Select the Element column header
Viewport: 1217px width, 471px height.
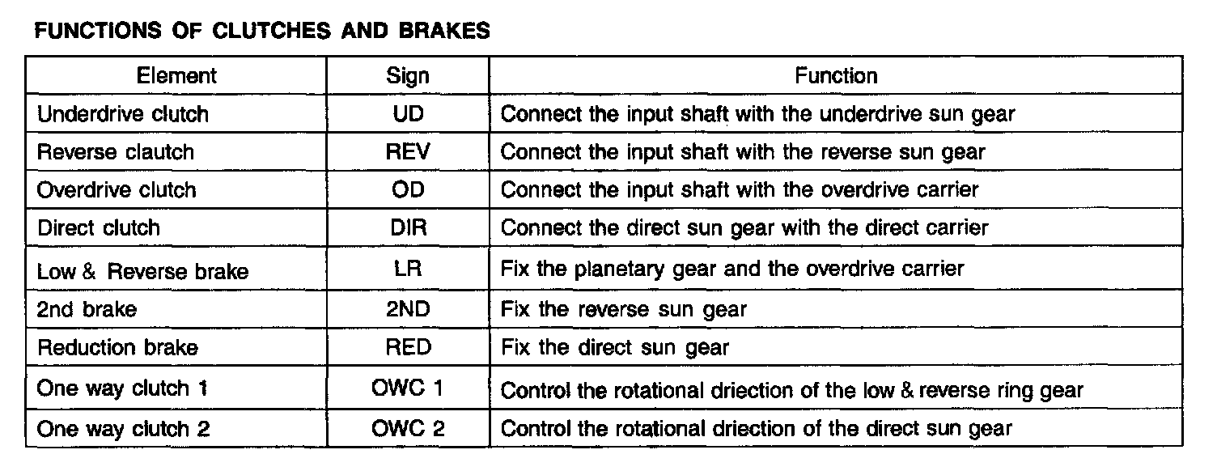pyautogui.click(x=176, y=76)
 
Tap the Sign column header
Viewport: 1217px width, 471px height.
pyautogui.click(x=408, y=76)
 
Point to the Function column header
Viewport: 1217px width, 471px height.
pyautogui.click(x=836, y=76)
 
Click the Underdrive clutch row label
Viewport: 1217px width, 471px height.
pyautogui.click(x=123, y=114)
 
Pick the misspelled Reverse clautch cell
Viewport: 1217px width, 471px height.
pyautogui.click(x=116, y=152)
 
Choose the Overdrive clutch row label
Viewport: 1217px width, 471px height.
pyautogui.click(x=117, y=190)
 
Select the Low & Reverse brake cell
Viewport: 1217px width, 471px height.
pyautogui.click(x=142, y=271)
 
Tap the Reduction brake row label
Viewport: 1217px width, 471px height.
pyautogui.click(x=118, y=348)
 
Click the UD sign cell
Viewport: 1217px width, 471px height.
pyautogui.click(x=408, y=114)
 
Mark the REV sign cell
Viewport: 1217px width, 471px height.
pyautogui.click(x=408, y=152)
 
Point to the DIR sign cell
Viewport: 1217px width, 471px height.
pyautogui.click(x=408, y=228)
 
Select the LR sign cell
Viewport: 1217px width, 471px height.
pyautogui.click(x=408, y=269)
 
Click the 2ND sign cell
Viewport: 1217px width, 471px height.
pyautogui.click(x=408, y=309)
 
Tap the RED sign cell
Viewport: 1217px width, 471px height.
pyautogui.click(x=408, y=348)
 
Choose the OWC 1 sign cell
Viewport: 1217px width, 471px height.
pyautogui.click(x=408, y=389)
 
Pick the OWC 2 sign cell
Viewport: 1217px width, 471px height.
pyautogui.click(x=408, y=428)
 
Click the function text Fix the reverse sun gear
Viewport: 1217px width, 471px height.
pyautogui.click(x=624, y=309)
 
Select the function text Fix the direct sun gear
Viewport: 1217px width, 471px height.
pyautogui.click(x=615, y=348)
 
